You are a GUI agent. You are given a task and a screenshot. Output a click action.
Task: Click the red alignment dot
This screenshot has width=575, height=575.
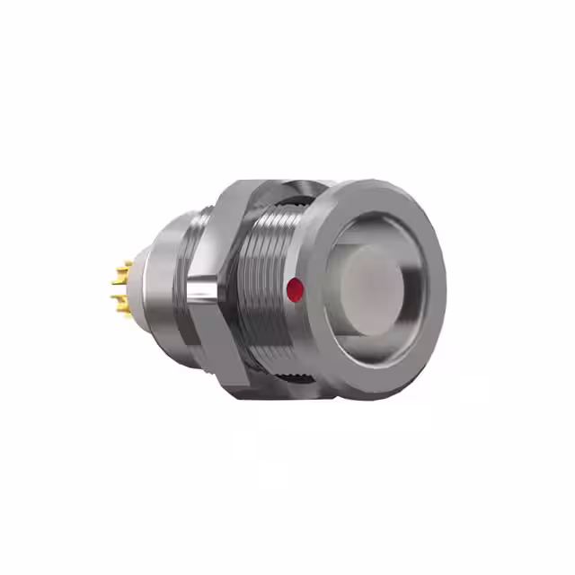tap(293, 289)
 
